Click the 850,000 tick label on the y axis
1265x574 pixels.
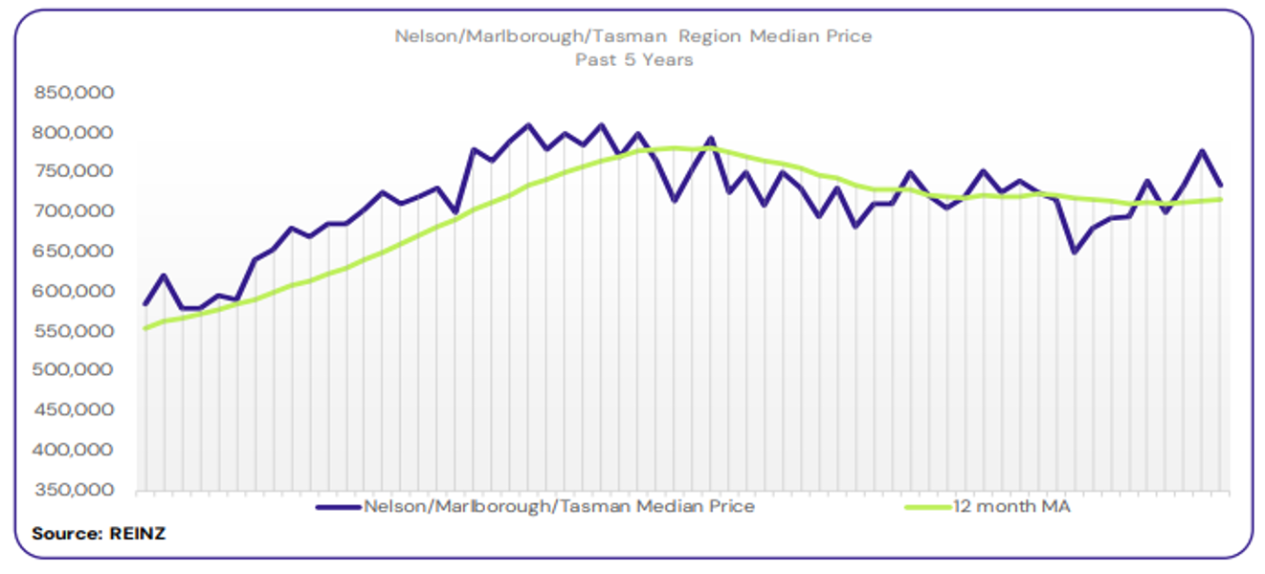pos(74,93)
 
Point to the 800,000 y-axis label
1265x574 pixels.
pos(74,132)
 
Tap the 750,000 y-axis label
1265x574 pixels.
pos(74,172)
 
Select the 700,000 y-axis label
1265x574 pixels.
pos(74,211)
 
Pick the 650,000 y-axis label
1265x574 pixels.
pos(74,252)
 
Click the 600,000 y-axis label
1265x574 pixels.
pos(74,291)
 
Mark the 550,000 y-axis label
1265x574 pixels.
pos(74,331)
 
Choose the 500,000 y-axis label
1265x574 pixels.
pos(74,370)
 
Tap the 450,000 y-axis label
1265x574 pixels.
pos(74,410)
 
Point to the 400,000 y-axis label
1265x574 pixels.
pos(74,450)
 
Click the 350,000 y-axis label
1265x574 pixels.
pos(74,490)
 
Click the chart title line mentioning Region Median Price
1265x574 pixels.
pos(632,36)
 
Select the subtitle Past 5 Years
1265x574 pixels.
pos(632,59)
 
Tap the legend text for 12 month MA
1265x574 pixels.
pos(1010,507)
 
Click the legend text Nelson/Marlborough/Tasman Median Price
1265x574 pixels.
pos(559,507)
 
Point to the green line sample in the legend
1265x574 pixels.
pos(926,507)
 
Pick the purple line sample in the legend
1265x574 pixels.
pos(339,507)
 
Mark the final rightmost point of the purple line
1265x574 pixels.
pos(1220,185)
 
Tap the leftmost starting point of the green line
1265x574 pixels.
pos(145,328)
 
